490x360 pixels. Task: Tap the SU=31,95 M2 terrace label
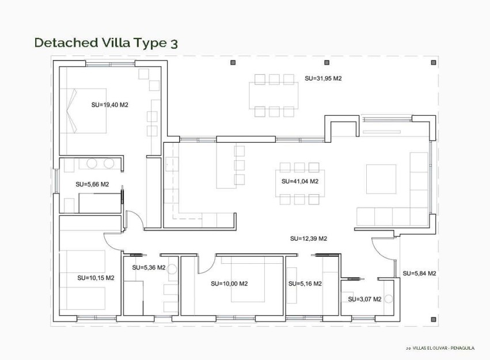tap(323, 78)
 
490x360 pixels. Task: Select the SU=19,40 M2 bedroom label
tap(109, 105)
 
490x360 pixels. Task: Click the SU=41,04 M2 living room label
tap(300, 181)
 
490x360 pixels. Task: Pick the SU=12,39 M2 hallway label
tap(309, 238)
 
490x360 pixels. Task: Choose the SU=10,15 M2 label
tap(96, 278)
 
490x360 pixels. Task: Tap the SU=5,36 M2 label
tap(149, 267)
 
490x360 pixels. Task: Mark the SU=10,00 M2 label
tap(229, 283)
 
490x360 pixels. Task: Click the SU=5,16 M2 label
tap(305, 283)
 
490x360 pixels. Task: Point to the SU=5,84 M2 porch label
tap(419, 273)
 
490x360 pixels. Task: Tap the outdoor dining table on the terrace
tap(274, 95)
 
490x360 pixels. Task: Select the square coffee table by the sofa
tap(381, 179)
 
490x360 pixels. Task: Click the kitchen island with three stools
tap(225, 166)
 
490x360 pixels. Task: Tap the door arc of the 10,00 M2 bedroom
tap(205, 264)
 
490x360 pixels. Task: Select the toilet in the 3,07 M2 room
tap(389, 299)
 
